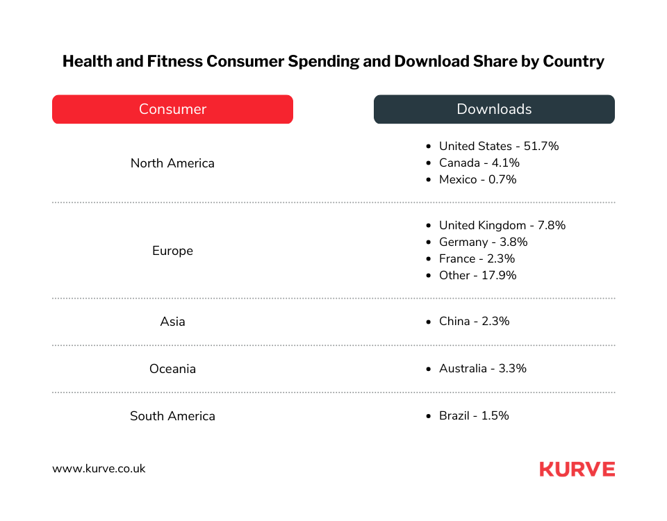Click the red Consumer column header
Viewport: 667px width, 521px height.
[x=172, y=109]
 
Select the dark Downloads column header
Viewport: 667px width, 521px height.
[x=494, y=109]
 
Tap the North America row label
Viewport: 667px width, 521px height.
[x=172, y=163]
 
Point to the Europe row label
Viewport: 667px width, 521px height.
[x=172, y=251]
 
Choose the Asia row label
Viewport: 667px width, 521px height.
[x=172, y=322]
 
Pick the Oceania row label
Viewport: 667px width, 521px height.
[x=172, y=369]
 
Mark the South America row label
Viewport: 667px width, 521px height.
[x=172, y=416]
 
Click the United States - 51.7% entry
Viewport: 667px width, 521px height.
[x=498, y=147]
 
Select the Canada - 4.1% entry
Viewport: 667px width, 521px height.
[x=479, y=163]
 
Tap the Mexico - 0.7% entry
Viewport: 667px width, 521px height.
[x=477, y=180]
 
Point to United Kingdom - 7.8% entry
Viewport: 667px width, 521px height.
[x=502, y=226]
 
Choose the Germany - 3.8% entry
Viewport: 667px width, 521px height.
[x=483, y=242]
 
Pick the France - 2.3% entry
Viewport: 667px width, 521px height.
[x=477, y=259]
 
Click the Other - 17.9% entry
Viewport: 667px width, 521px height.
[x=477, y=276]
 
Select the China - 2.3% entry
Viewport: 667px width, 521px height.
[x=474, y=322]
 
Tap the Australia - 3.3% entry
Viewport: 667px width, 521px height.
[x=482, y=369]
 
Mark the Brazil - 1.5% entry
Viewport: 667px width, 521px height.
[x=474, y=416]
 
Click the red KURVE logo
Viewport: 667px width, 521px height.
[x=577, y=470]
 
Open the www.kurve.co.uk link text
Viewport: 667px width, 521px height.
[x=99, y=468]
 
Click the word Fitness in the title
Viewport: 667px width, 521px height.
[x=176, y=61]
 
